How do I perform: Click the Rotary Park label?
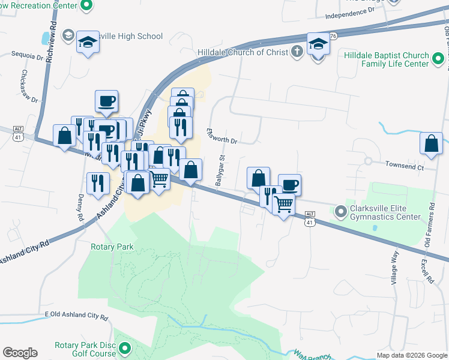pos(112,247)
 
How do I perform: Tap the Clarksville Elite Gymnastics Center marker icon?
pos(341,211)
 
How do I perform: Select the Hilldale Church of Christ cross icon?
pos(296,52)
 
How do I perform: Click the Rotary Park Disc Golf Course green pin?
pos(125,348)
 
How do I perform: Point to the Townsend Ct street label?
pos(404,166)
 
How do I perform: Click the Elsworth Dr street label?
pos(222,136)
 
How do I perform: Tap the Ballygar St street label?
pos(220,170)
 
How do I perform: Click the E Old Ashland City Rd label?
pos(76,316)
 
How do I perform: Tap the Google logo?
pos(20,353)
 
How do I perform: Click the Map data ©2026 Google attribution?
pos(411,355)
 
